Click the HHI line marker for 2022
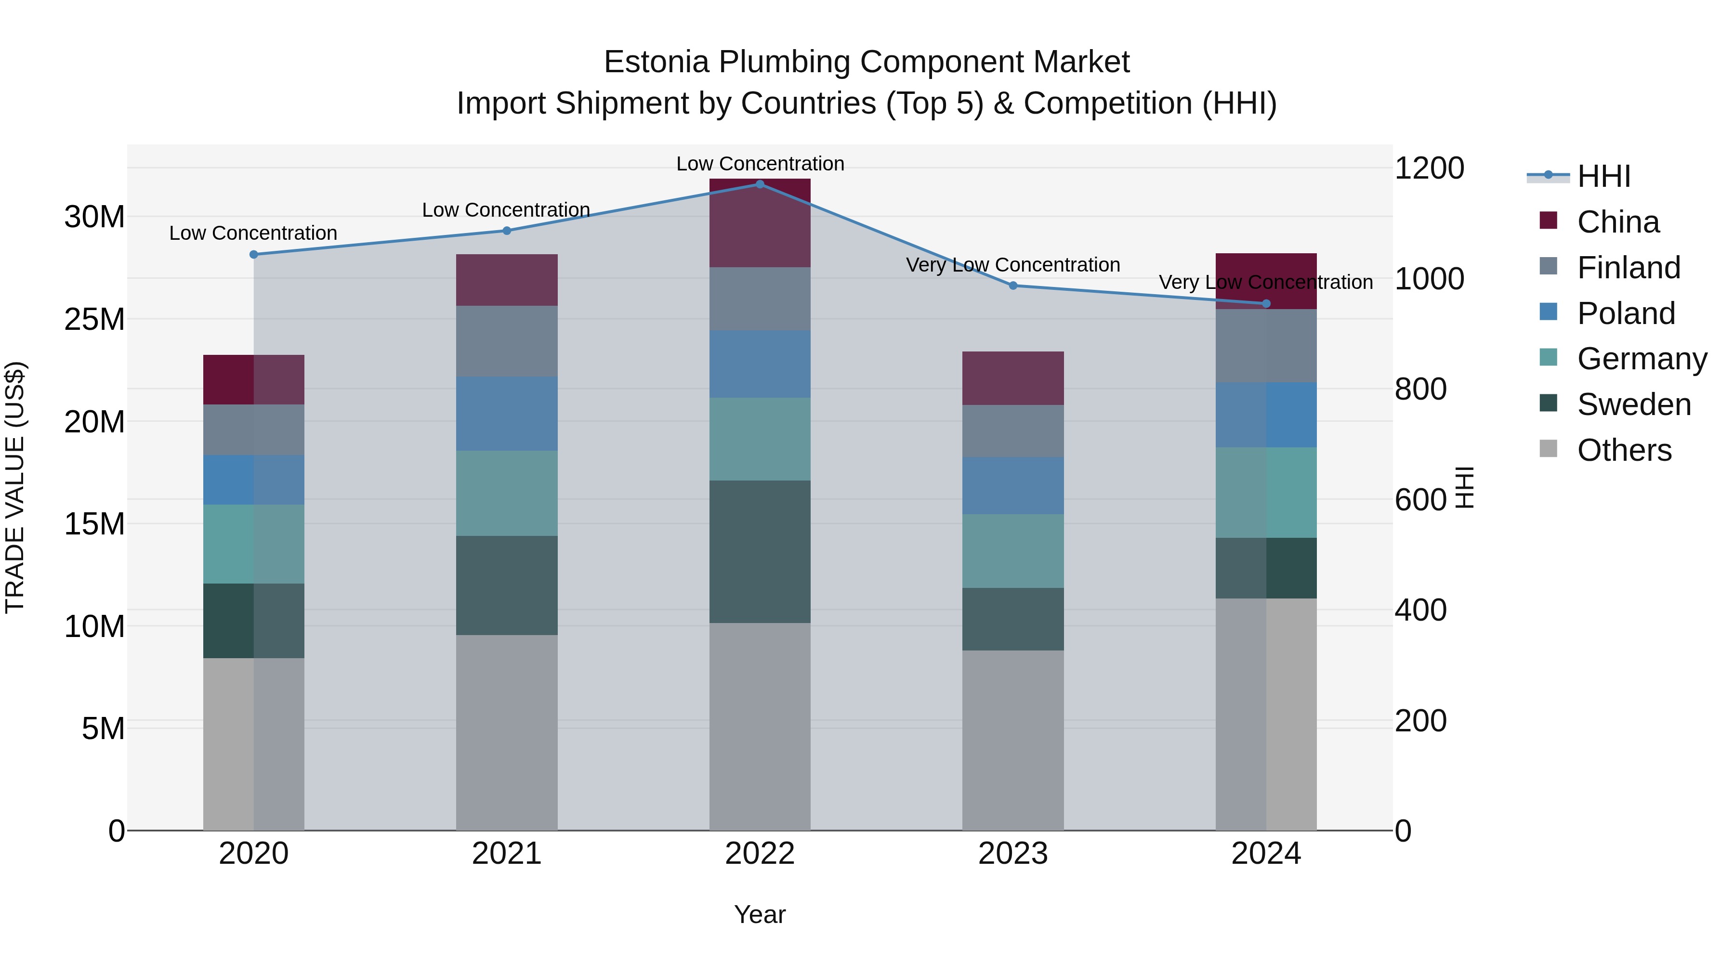pyautogui.click(x=760, y=184)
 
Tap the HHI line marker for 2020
pyautogui.click(x=254, y=254)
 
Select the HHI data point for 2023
pyautogui.click(x=1013, y=286)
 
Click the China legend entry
pyautogui.click(x=1617, y=222)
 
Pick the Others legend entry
pyautogui.click(x=1624, y=450)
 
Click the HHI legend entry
pyautogui.click(x=1603, y=176)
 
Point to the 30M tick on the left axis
pyautogui.click(x=94, y=217)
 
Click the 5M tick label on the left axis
pyautogui.click(x=103, y=729)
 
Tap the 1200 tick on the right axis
pyautogui.click(x=1429, y=168)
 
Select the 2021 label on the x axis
pyautogui.click(x=507, y=854)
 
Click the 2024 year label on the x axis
pyautogui.click(x=1266, y=854)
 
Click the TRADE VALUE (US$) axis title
pyautogui.click(x=15, y=487)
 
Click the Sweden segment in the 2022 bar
pyautogui.click(x=760, y=552)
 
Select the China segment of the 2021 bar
pyautogui.click(x=507, y=280)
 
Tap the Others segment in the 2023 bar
pyautogui.click(x=1013, y=740)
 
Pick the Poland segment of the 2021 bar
pyautogui.click(x=507, y=413)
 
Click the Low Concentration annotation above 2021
pyautogui.click(x=506, y=210)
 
